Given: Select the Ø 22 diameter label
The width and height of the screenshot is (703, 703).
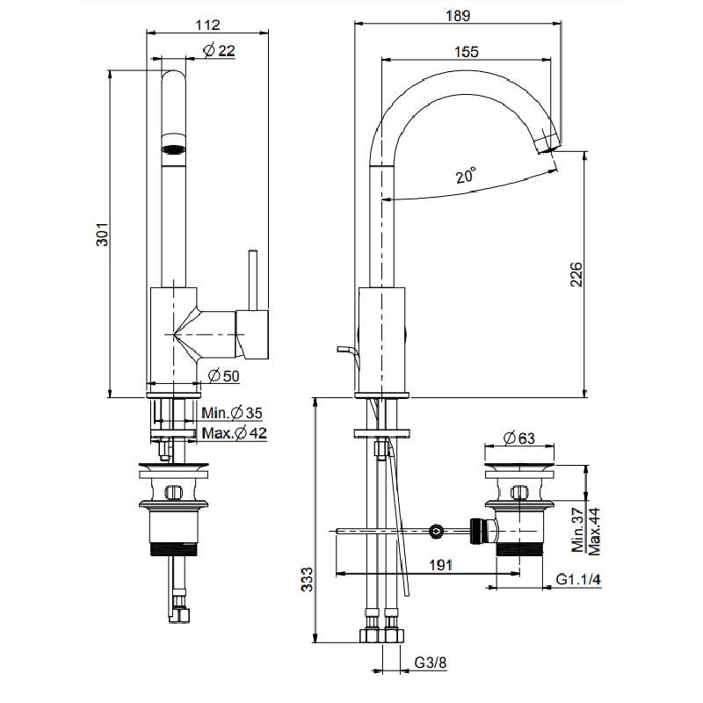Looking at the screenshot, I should [x=219, y=51].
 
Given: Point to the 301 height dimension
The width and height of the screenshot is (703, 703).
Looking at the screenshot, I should [x=103, y=235].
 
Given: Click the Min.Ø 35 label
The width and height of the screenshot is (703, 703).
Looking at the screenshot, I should [x=232, y=413].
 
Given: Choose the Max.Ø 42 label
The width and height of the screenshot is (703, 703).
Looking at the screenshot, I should [x=234, y=432].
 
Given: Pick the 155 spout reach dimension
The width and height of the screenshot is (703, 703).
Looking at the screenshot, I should [x=467, y=51].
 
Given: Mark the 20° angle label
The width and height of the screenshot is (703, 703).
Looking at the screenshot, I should [x=467, y=176].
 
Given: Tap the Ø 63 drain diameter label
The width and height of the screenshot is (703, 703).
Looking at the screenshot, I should [x=521, y=438].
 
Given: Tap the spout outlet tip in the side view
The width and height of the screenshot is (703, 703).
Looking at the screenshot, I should [x=547, y=141].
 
